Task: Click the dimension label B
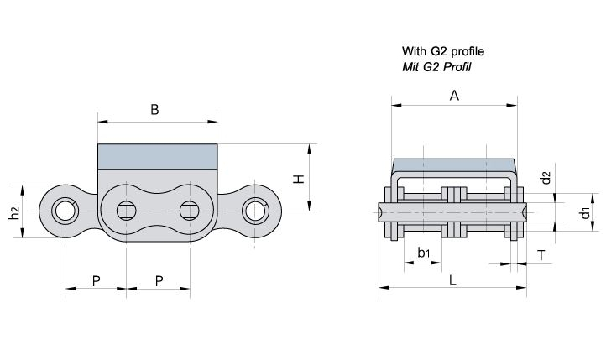click(154, 110)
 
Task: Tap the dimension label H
click(299, 179)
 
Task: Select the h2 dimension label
click(14, 213)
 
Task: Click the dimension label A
click(454, 96)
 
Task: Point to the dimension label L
click(452, 280)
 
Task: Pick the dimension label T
click(541, 255)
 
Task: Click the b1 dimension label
click(424, 253)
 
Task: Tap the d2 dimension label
click(546, 178)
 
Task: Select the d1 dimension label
click(586, 212)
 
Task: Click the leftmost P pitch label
click(97, 281)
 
